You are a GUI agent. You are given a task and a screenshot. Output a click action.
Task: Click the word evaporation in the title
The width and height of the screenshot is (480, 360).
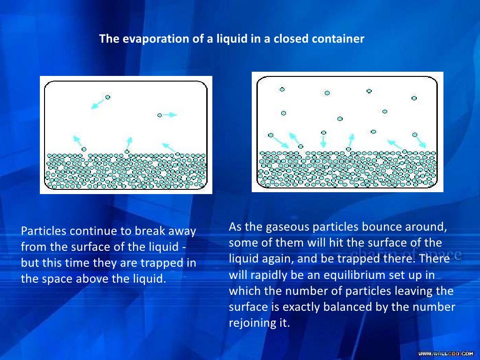[x=149, y=39]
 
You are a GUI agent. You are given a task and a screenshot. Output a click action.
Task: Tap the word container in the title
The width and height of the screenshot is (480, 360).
[x=341, y=39]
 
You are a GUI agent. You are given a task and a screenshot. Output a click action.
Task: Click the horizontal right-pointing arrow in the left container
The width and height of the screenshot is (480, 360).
[x=170, y=115]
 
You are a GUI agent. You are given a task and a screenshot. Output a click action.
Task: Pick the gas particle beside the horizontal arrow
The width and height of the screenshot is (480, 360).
[x=159, y=115]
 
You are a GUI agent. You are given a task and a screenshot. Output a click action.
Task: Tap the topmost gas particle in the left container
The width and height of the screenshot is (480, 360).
[x=108, y=97]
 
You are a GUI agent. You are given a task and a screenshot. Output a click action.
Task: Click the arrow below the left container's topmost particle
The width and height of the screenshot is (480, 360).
[x=97, y=104]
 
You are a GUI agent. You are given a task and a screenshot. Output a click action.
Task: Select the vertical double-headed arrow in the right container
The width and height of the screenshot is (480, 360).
[x=323, y=142]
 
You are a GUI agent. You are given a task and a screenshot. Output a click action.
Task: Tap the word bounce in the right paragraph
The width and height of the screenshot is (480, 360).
[x=382, y=227]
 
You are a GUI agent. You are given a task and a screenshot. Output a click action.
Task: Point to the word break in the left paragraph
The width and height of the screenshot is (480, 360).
[x=148, y=232]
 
